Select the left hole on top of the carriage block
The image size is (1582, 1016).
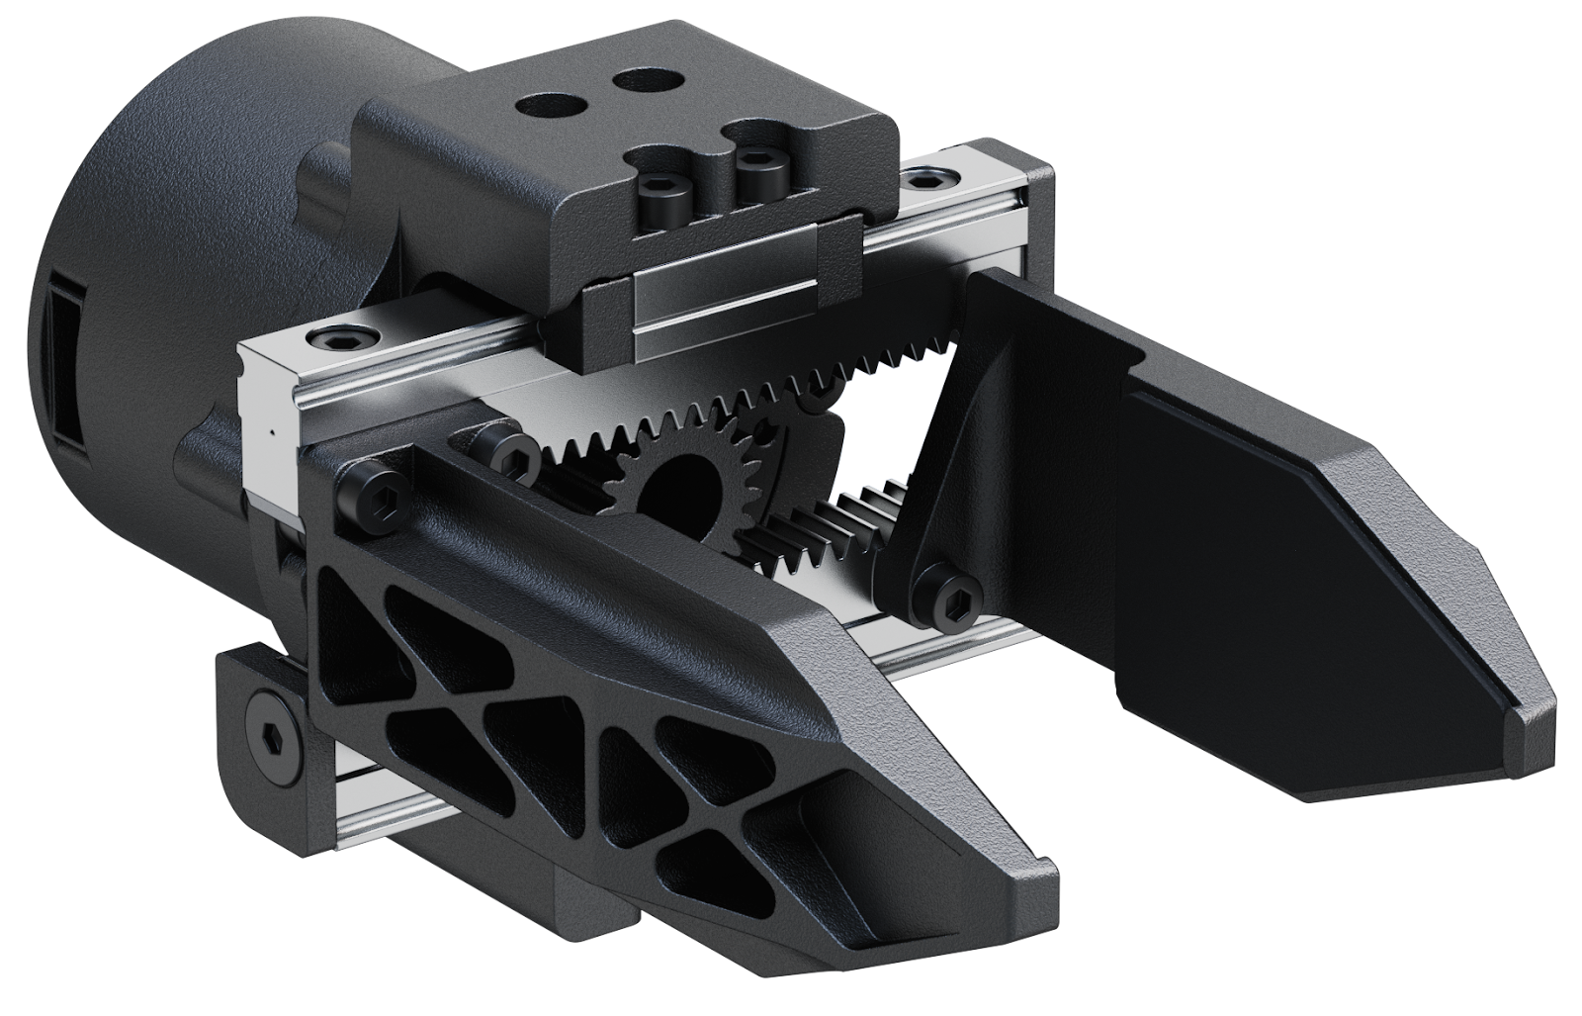pos(545,103)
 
